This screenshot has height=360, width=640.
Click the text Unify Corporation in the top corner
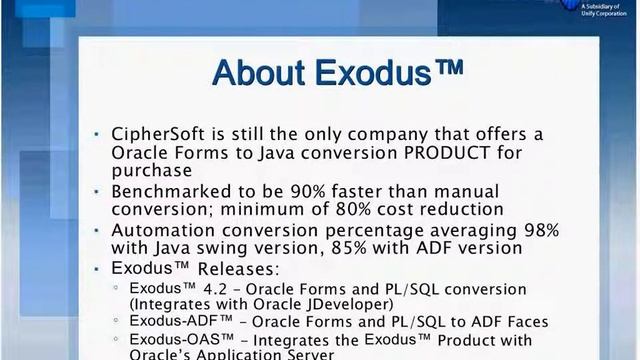click(x=596, y=12)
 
